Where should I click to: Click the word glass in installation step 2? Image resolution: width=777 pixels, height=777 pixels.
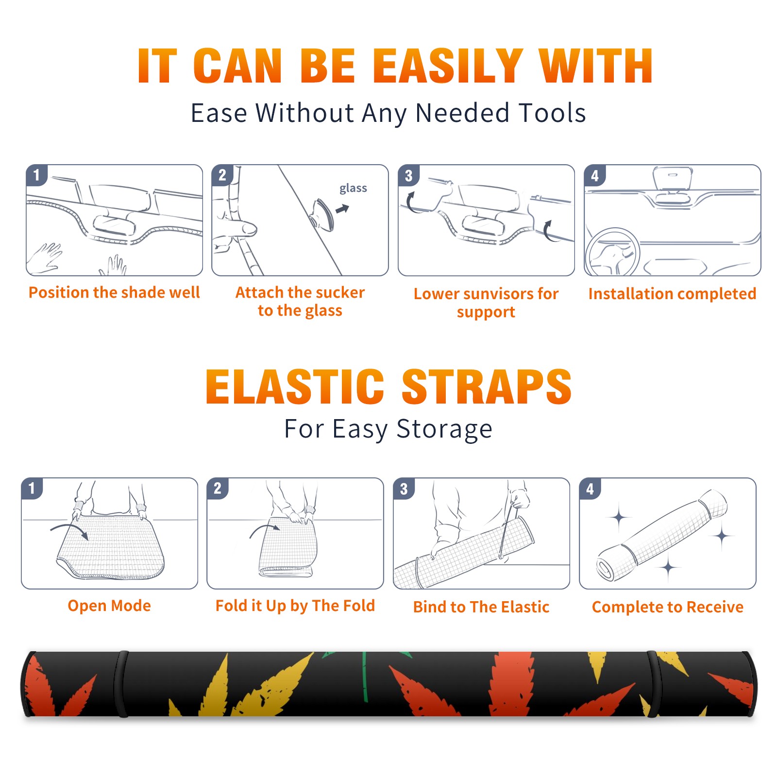coord(353,188)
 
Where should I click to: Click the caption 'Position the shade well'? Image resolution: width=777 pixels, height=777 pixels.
coord(114,292)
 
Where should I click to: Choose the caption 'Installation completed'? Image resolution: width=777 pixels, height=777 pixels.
coord(672,294)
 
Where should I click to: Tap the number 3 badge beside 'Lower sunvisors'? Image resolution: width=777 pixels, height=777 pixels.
coord(408,175)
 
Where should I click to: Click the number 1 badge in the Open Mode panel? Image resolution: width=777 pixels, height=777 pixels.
coord(32,488)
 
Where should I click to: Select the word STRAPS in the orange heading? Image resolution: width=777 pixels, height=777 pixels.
coord(487,387)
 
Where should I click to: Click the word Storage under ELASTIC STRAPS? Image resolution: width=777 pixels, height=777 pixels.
coord(444,429)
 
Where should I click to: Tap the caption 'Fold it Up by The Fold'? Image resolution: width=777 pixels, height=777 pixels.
coord(295,606)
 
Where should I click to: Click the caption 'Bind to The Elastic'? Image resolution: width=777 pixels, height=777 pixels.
coord(481,607)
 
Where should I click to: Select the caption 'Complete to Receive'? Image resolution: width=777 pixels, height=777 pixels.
coord(668,607)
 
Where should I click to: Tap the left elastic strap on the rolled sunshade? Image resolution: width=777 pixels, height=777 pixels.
coord(122,684)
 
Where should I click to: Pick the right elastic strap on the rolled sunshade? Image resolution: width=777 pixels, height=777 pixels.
coord(652,684)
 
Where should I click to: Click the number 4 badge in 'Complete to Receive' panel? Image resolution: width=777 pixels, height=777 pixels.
coord(590,489)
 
